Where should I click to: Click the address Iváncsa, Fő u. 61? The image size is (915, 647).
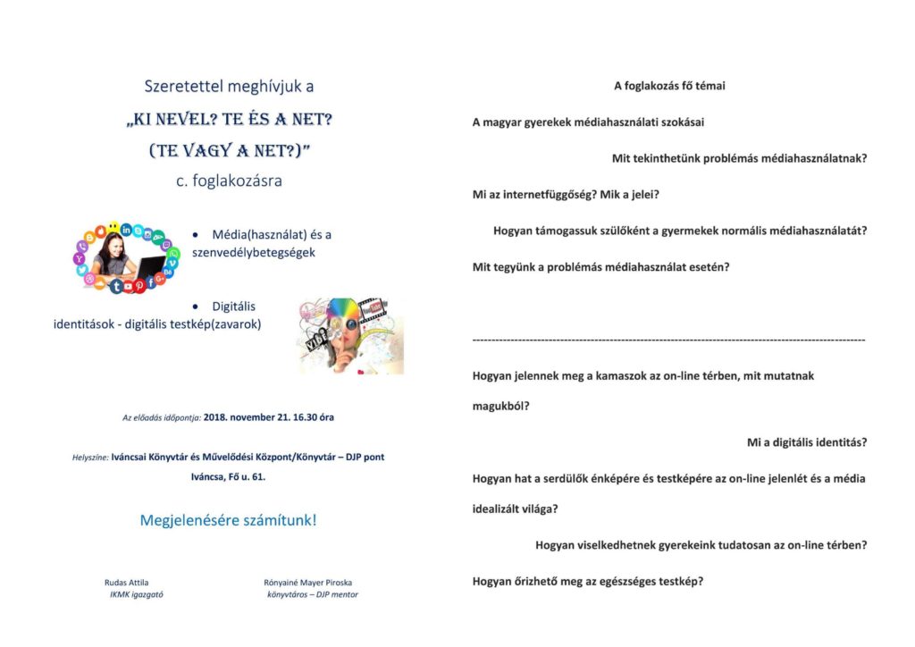click(x=228, y=476)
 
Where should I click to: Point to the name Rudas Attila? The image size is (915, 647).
click(x=127, y=582)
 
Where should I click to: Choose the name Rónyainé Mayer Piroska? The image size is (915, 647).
click(x=302, y=582)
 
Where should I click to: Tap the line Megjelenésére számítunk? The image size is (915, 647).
click(x=228, y=519)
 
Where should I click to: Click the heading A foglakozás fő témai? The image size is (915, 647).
click(x=669, y=86)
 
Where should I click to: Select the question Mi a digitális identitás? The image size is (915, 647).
click(x=807, y=442)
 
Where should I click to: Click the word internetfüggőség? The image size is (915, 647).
click(x=550, y=194)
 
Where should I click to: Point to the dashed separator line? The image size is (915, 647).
click(x=668, y=340)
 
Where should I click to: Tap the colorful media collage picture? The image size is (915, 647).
click(x=351, y=335)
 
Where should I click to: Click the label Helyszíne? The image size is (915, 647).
click(x=90, y=457)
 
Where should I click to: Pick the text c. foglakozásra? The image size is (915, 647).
click(x=229, y=181)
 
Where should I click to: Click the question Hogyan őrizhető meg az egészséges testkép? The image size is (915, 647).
click(x=588, y=581)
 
